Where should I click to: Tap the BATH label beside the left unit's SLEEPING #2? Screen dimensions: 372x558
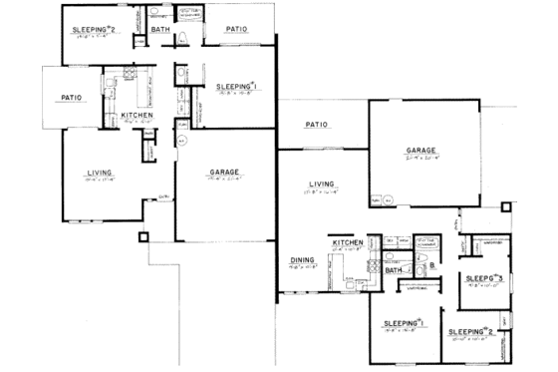point(160,31)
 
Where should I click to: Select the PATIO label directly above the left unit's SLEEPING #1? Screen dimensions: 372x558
point(236,30)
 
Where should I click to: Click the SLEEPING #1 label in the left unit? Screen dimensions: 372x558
point(237,87)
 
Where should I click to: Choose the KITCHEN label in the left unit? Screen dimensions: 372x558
point(136,115)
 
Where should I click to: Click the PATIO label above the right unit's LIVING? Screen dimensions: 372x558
point(317,125)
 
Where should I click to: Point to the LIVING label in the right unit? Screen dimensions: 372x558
point(321,185)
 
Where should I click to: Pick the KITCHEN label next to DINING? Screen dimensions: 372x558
point(347,243)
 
